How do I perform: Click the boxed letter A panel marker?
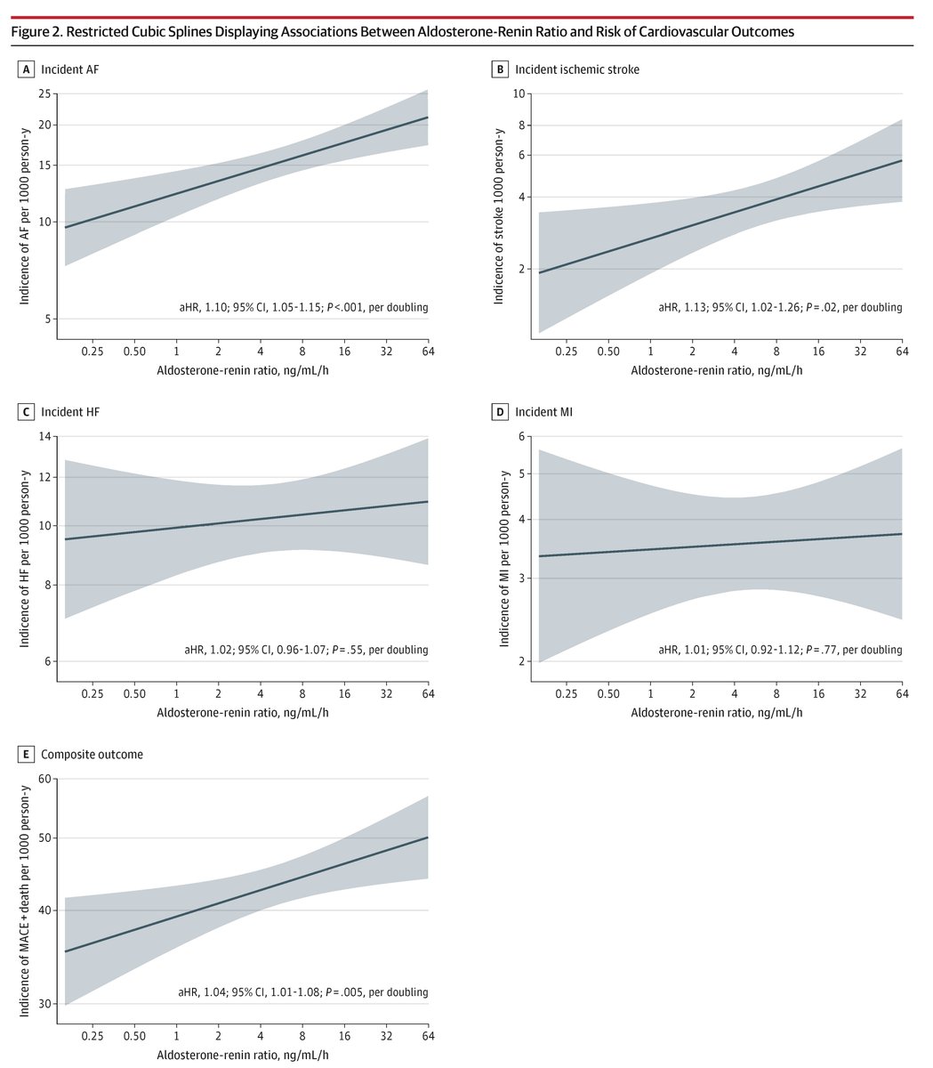click(x=28, y=69)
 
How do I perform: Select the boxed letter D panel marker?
click(x=502, y=412)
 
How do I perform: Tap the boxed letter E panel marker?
click(x=28, y=755)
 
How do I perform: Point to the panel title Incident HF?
click(x=69, y=412)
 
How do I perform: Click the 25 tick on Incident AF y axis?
click(x=43, y=93)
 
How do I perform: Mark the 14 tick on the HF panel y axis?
click(x=43, y=436)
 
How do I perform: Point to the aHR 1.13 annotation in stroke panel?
click(x=780, y=307)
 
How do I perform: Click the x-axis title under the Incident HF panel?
click(x=242, y=714)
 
